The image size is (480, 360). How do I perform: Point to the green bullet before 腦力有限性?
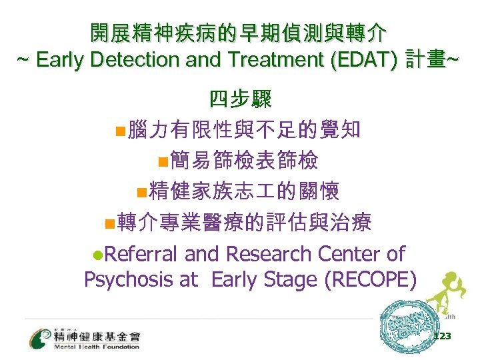click(x=120, y=130)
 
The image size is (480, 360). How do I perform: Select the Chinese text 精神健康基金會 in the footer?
click(x=97, y=335)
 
